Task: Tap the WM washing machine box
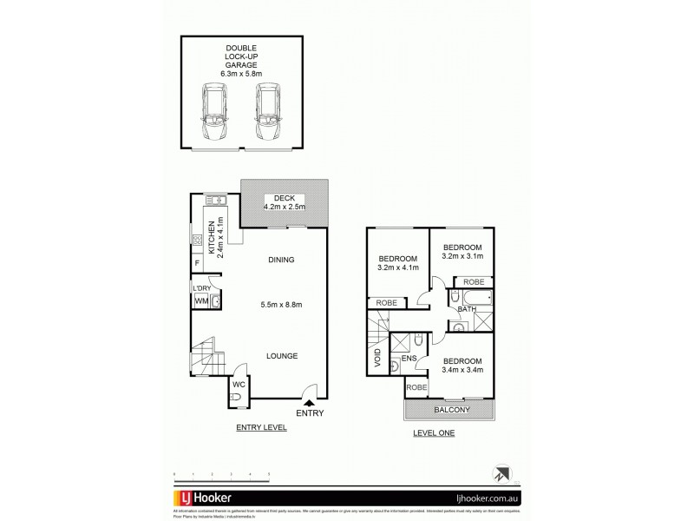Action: (x=200, y=301)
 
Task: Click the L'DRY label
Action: (x=201, y=287)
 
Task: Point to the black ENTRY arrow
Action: (x=310, y=400)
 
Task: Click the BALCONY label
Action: (x=449, y=410)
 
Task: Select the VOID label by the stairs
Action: (x=377, y=358)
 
